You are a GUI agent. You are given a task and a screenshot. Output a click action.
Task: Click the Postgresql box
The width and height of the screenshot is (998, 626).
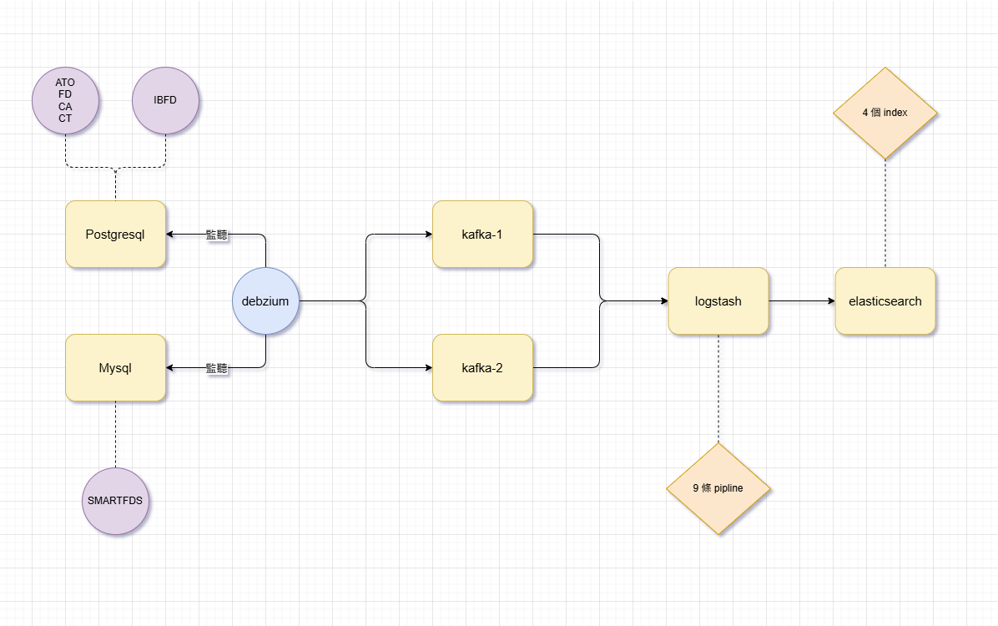(x=115, y=235)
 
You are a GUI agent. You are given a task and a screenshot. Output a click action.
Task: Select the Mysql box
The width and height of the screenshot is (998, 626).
(x=115, y=368)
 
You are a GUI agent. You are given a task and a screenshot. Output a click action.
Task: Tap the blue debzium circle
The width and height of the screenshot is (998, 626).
(x=265, y=301)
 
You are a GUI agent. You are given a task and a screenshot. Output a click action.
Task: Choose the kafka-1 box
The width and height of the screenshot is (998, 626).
(x=482, y=235)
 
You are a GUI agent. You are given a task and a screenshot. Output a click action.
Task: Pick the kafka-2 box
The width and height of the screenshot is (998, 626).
(x=482, y=368)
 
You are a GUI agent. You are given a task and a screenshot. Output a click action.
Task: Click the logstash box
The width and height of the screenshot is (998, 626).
(x=718, y=301)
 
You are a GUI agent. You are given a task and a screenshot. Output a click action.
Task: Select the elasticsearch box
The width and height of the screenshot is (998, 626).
(x=885, y=301)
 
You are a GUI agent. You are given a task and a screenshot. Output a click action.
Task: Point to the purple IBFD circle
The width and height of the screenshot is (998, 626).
(x=165, y=101)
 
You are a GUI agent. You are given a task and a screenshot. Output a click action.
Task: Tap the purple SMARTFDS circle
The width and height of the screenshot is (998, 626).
(x=115, y=502)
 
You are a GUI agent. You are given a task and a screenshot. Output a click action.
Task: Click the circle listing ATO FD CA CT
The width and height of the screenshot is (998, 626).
(x=65, y=101)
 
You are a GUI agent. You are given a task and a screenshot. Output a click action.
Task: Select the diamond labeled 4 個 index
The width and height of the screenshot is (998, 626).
(x=885, y=113)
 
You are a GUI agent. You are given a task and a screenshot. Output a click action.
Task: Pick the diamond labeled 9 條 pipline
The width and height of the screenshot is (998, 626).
(x=718, y=488)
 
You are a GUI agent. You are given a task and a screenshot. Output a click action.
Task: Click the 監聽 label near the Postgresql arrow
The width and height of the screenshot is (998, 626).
(x=217, y=235)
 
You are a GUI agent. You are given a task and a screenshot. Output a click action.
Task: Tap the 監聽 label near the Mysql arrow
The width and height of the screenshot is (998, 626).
(x=217, y=368)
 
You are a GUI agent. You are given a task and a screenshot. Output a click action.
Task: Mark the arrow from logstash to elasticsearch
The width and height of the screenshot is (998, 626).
(x=801, y=301)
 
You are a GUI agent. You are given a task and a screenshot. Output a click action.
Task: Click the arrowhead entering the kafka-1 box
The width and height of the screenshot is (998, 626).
(x=427, y=235)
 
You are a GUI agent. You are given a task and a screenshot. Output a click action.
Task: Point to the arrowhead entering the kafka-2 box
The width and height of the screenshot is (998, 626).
(x=427, y=368)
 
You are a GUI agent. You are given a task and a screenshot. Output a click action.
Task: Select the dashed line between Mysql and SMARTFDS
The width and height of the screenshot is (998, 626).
(x=115, y=434)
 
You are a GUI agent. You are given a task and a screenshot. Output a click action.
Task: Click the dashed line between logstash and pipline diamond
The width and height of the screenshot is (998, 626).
(x=718, y=388)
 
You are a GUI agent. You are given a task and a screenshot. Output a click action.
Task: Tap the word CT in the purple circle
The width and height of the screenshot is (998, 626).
(x=65, y=119)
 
